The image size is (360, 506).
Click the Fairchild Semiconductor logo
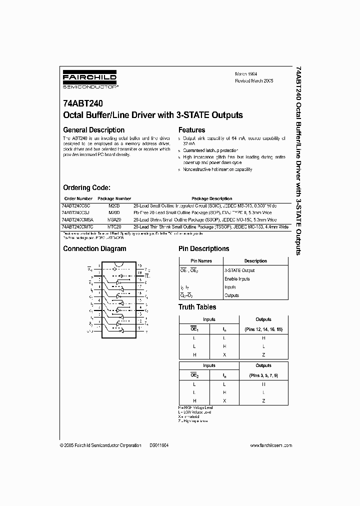point(90,79)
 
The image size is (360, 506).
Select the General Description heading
point(93,130)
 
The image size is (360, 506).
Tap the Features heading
point(192,130)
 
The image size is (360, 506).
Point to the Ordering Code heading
point(86,187)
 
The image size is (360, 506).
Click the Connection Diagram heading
point(94,248)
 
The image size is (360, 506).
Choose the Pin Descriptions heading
point(204,248)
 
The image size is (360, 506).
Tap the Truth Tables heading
point(197,307)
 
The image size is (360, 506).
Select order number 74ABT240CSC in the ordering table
point(76,205)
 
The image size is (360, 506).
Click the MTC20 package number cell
point(114,226)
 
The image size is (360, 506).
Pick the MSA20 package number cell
point(114,219)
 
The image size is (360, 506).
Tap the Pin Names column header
point(201,261)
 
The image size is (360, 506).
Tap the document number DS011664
point(158,445)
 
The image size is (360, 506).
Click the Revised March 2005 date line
point(254,80)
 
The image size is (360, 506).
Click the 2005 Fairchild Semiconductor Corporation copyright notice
point(100,445)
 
